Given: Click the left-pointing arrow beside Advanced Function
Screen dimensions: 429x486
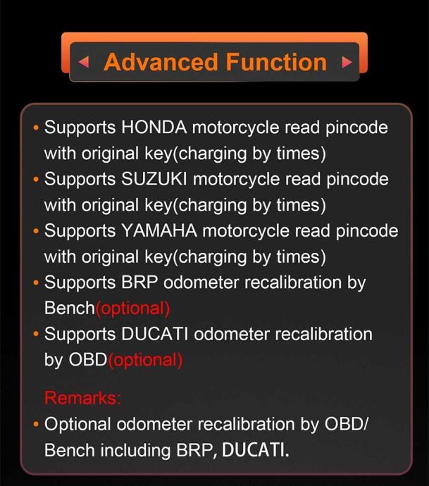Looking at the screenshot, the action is pyautogui.click(x=85, y=62).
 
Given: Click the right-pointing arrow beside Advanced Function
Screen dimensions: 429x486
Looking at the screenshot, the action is pyautogui.click(x=346, y=62).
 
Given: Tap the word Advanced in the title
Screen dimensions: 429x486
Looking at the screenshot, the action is pyautogui.click(x=156, y=62).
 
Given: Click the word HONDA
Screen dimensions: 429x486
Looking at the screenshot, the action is pyautogui.click(x=154, y=127).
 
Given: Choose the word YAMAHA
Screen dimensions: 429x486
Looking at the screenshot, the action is pyautogui.click(x=158, y=231).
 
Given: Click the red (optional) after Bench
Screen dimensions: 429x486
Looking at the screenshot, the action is pyautogui.click(x=132, y=308).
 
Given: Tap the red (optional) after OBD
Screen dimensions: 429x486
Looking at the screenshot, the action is pyautogui.click(x=145, y=360).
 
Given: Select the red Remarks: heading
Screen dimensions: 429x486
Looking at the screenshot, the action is pyautogui.click(x=82, y=398).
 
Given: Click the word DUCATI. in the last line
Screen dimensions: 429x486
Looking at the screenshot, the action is pyautogui.click(x=255, y=450).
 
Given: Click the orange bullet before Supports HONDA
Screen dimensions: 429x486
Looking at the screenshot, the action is pyautogui.click(x=36, y=128).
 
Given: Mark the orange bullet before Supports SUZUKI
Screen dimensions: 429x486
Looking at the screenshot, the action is pyautogui.click(x=36, y=180).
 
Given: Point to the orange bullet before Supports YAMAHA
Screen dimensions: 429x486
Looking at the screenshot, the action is pyautogui.click(x=36, y=232).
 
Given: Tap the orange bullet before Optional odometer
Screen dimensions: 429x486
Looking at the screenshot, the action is pyautogui.click(x=36, y=425).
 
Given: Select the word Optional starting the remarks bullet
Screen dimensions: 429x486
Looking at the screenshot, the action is pyautogui.click(x=77, y=424).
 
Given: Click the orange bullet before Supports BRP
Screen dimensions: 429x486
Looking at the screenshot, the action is pyautogui.click(x=36, y=283).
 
